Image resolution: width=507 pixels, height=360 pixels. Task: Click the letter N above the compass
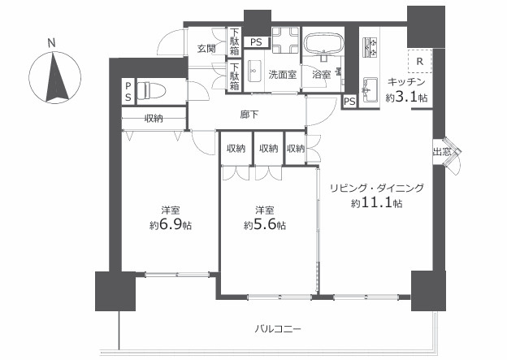pos(51,43)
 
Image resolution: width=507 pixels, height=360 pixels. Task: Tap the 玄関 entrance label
pos(206,48)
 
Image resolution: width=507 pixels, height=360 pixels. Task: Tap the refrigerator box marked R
pos(418,62)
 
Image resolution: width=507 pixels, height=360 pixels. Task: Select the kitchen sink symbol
pos(370,86)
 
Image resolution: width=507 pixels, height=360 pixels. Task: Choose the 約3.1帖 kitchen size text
pos(406,97)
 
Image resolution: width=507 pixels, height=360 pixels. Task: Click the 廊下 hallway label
pos(249,114)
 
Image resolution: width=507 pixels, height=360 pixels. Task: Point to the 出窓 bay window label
pos(442,151)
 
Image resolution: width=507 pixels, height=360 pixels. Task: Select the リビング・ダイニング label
pos(377,188)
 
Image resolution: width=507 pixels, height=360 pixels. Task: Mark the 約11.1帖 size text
pos(377,203)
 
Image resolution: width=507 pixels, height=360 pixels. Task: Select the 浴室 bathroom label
pos(319,74)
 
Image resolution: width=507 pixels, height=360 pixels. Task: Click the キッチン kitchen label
pos(406,82)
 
